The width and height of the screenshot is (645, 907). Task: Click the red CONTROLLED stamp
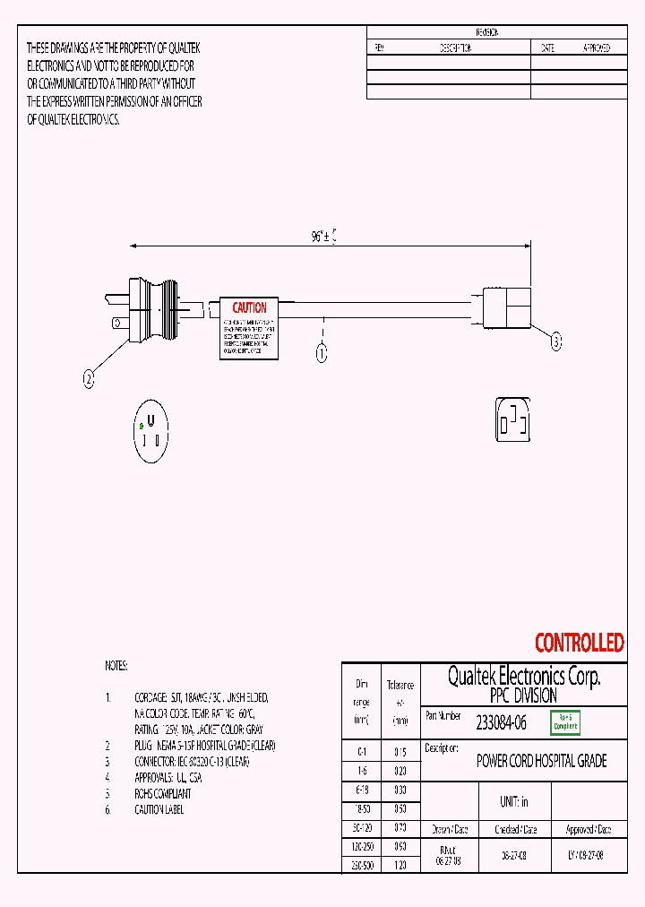[x=579, y=643]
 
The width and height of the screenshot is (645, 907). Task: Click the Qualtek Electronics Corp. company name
[x=524, y=676]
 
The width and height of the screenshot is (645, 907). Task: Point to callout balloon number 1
[x=321, y=352]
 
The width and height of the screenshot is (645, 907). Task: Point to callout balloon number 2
[x=89, y=380]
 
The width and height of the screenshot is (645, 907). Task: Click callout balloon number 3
[x=555, y=341]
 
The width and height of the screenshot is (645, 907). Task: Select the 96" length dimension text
[x=323, y=237]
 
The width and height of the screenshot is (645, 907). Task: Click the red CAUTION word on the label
[x=249, y=307]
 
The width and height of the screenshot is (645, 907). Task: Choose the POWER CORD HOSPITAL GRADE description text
[x=541, y=762]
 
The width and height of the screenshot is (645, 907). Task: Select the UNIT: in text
[x=513, y=802]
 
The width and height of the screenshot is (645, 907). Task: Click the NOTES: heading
[x=116, y=666]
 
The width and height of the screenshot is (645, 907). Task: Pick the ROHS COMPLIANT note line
[x=163, y=793]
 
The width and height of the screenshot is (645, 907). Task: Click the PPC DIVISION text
[x=523, y=695]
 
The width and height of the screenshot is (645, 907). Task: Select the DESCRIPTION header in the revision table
[x=455, y=48]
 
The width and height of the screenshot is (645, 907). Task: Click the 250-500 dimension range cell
[x=361, y=866]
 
